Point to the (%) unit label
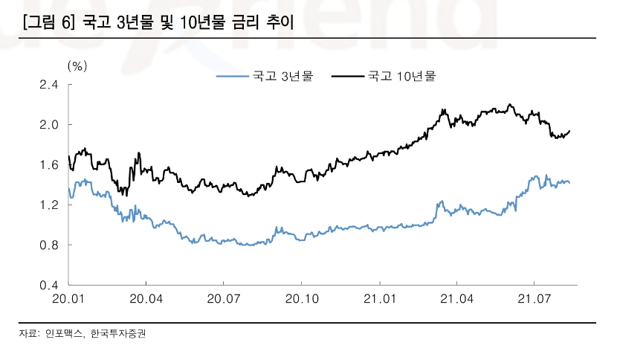coord(77,65)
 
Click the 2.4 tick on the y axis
coord(49,85)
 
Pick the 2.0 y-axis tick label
coord(49,125)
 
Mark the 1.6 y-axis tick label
coord(49,165)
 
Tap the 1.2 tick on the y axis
coord(49,205)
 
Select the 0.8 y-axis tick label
coord(49,245)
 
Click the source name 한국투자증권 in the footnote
coord(118,334)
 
